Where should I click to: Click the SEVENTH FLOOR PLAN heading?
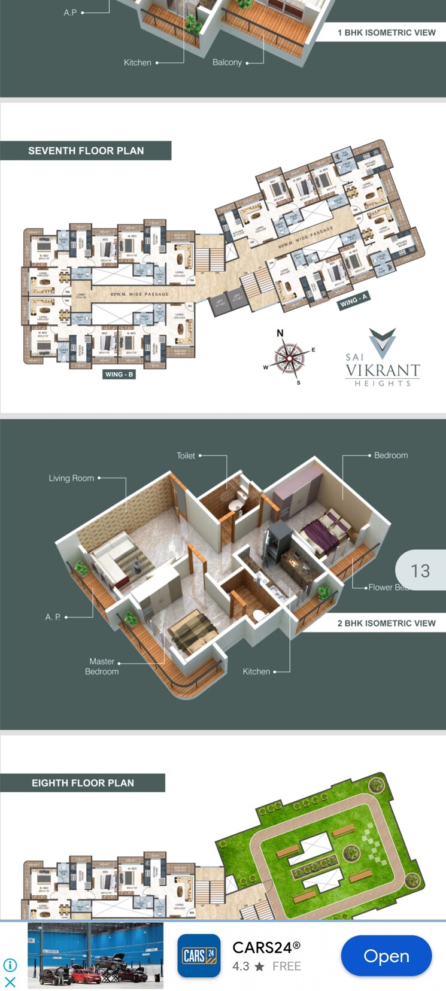pyautogui.click(x=86, y=151)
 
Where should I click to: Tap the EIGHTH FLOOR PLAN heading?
pyautogui.click(x=83, y=783)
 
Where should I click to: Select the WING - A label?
pyautogui.click(x=353, y=300)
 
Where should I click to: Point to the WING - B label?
pyautogui.click(x=119, y=375)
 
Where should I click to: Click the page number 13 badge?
pyautogui.click(x=420, y=571)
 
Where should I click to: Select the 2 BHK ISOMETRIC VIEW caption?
pyautogui.click(x=386, y=623)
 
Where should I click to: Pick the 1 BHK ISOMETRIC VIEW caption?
pyautogui.click(x=386, y=32)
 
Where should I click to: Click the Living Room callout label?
pyautogui.click(x=71, y=478)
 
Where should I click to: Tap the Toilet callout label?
pyautogui.click(x=186, y=455)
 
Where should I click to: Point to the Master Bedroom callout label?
pyautogui.click(x=102, y=666)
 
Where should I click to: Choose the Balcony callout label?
pyautogui.click(x=227, y=62)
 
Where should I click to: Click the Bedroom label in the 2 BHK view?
pyautogui.click(x=391, y=455)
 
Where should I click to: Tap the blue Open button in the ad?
pyautogui.click(x=386, y=956)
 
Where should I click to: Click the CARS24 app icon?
pyautogui.click(x=199, y=956)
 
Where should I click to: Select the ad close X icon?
pyautogui.click(x=10, y=981)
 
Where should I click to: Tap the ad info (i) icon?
pyautogui.click(x=10, y=965)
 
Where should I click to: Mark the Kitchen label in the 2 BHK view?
pyautogui.click(x=256, y=671)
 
